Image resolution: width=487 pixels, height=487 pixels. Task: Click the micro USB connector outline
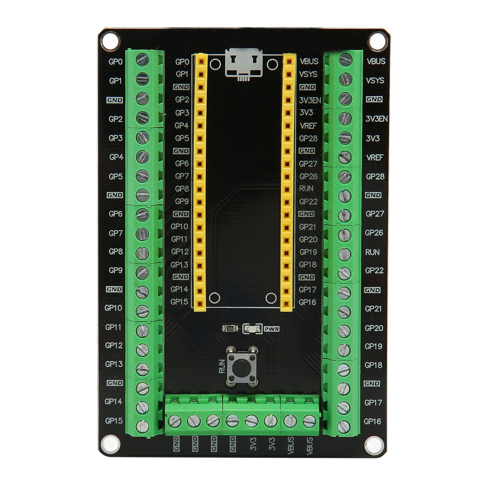click(x=244, y=63)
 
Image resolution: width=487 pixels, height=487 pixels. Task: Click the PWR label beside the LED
click(x=272, y=329)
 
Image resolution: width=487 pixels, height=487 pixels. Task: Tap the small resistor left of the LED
click(x=230, y=328)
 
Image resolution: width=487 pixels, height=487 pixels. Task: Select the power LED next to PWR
click(x=252, y=329)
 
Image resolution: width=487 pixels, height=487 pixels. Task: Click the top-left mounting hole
click(x=110, y=42)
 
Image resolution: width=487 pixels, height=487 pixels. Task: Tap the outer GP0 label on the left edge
click(x=115, y=62)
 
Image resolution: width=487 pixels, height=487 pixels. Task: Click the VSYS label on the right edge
click(x=375, y=81)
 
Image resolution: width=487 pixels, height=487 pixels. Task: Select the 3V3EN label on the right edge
click(x=376, y=119)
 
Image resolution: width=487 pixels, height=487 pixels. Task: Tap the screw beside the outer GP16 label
click(x=343, y=426)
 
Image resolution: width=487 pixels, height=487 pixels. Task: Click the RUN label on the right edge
click(x=372, y=252)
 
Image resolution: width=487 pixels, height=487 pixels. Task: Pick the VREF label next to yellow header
click(x=308, y=125)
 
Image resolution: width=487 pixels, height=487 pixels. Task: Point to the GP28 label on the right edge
click(x=375, y=176)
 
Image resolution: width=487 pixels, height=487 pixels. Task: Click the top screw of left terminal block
click(x=142, y=59)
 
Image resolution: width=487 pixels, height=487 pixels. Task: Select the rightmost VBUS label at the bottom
click(x=310, y=446)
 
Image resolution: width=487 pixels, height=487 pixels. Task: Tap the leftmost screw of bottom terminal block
click(x=175, y=421)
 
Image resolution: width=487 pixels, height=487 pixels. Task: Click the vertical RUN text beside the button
click(x=222, y=367)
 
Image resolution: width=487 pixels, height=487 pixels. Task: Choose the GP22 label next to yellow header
click(x=308, y=201)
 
